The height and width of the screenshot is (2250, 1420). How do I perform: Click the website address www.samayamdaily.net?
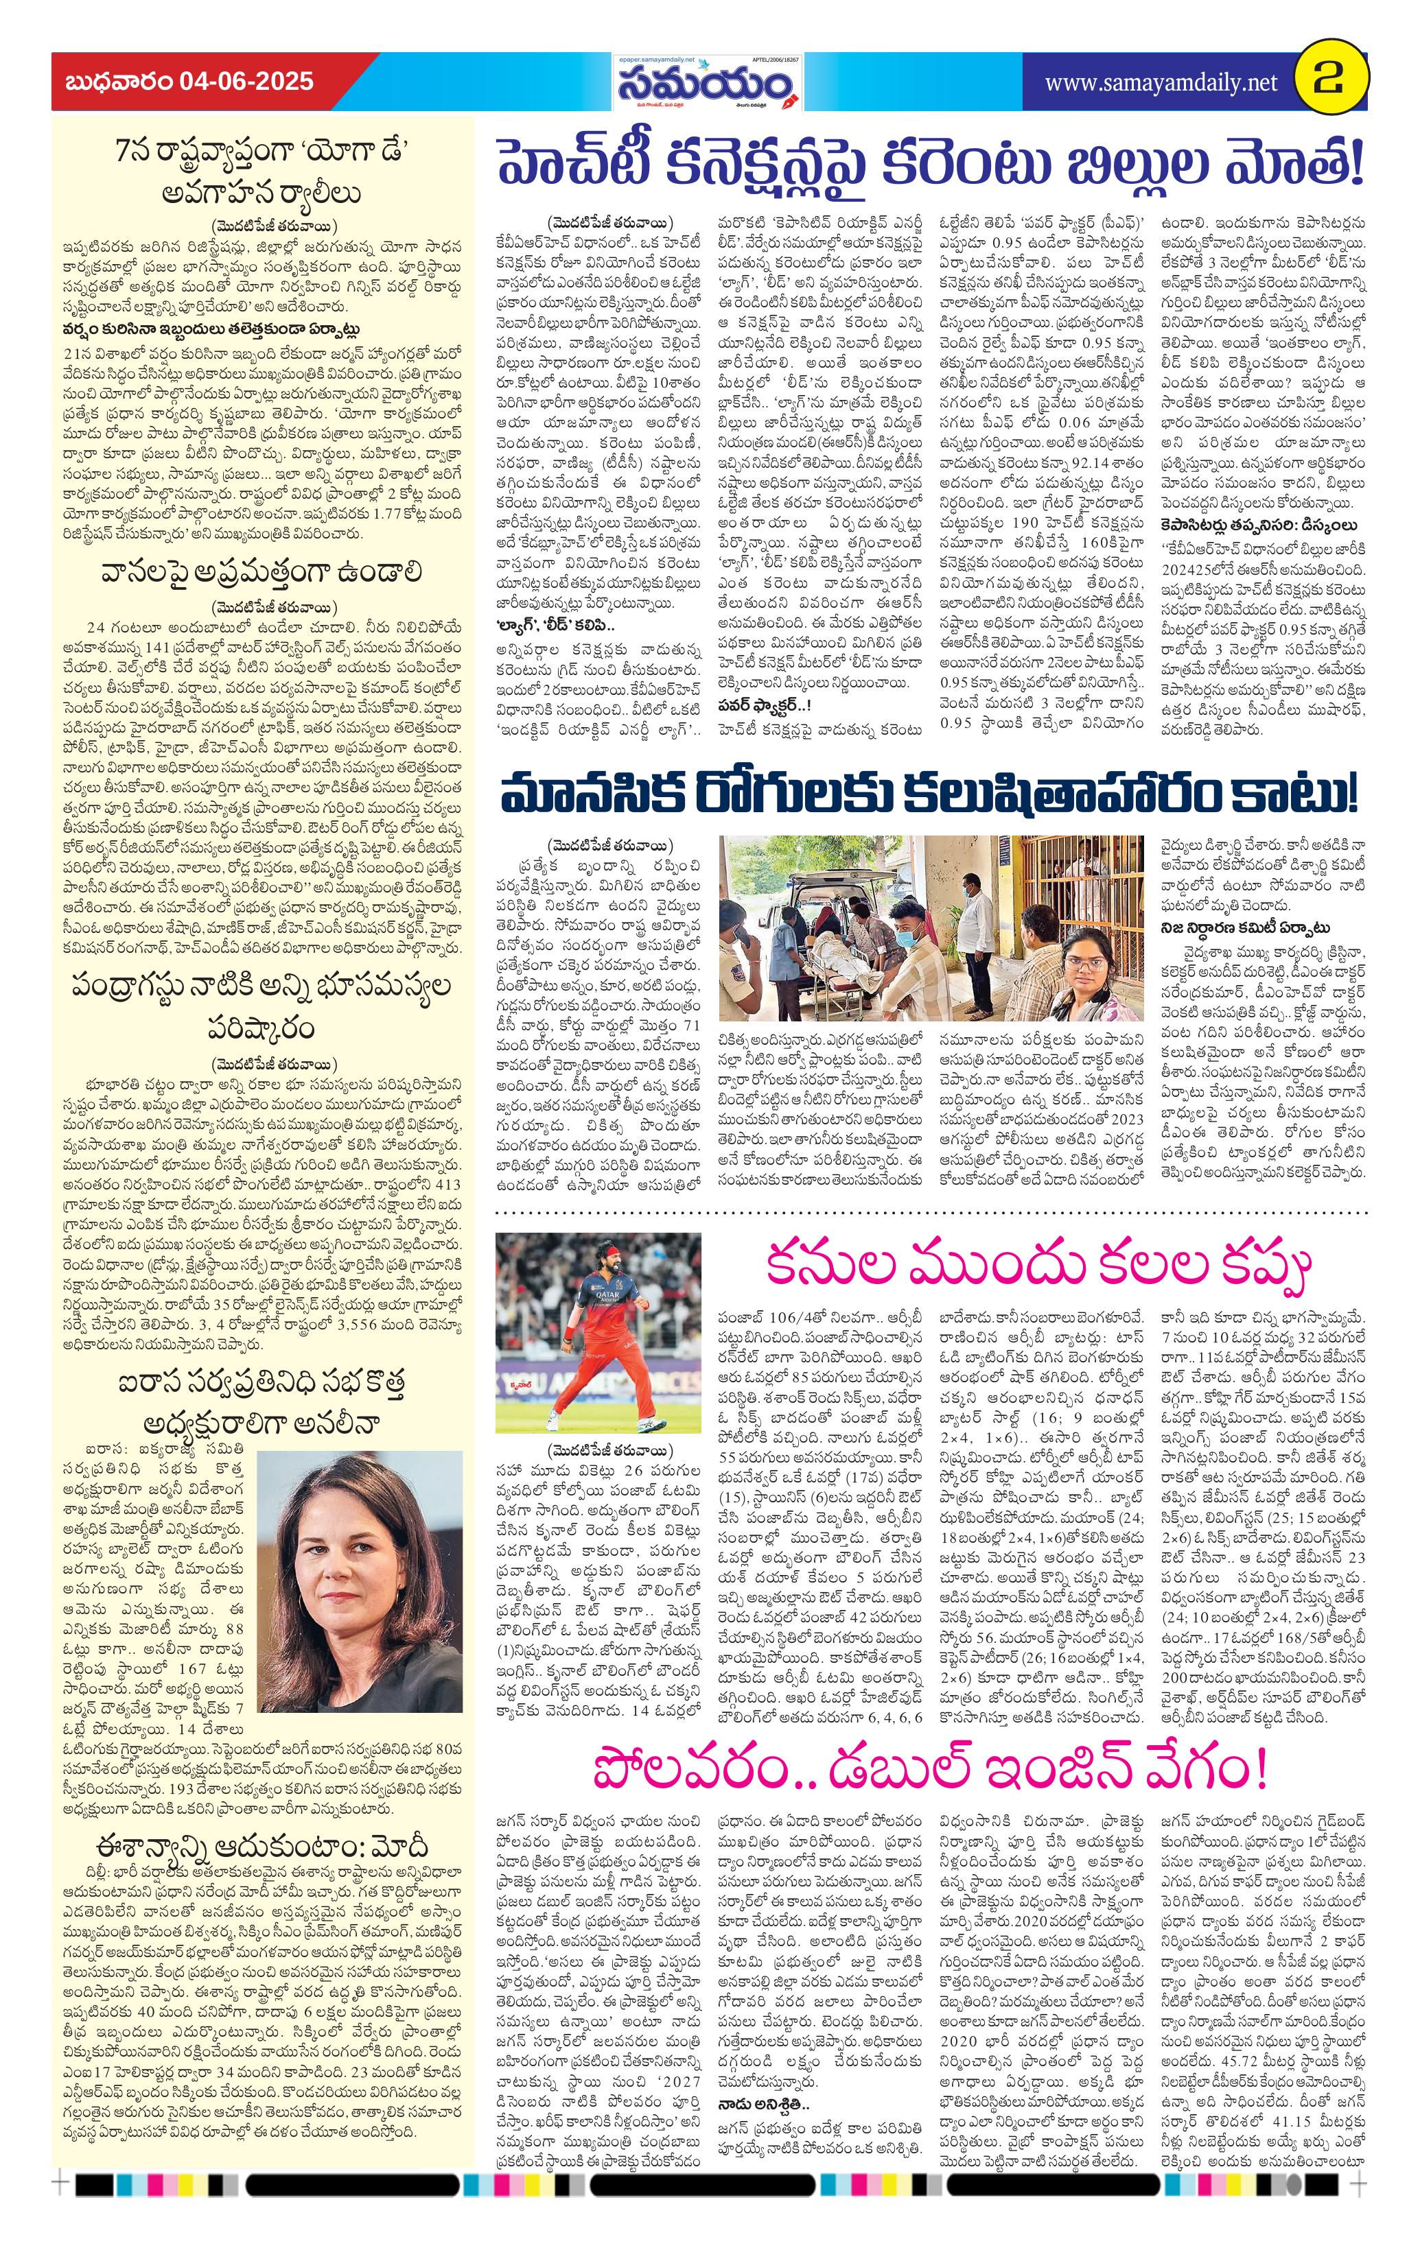1160,83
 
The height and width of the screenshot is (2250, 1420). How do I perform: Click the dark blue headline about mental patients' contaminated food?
929,795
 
